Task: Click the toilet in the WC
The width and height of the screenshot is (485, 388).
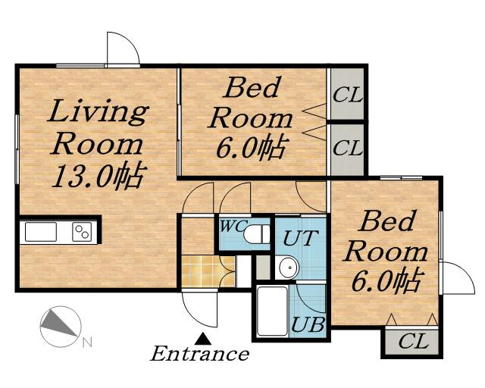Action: [x=256, y=234]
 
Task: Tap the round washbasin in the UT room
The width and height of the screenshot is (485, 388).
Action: [x=288, y=267]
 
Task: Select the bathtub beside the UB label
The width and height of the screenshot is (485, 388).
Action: [x=273, y=311]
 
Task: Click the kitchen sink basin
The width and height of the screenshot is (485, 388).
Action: [x=41, y=232]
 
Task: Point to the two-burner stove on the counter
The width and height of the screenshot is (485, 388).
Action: [x=82, y=232]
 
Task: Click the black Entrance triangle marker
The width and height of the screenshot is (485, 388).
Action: [x=203, y=339]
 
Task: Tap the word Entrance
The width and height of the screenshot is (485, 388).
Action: [x=199, y=354]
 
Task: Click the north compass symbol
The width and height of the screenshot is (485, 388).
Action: [x=61, y=326]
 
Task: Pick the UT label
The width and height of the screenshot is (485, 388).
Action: [x=300, y=237]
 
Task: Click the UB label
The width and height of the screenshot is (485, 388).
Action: [x=308, y=324]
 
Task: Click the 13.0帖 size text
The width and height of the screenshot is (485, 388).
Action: [x=99, y=176]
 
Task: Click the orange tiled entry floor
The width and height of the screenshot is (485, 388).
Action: [x=208, y=271]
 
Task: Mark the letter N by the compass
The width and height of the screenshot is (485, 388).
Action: [x=88, y=343]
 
